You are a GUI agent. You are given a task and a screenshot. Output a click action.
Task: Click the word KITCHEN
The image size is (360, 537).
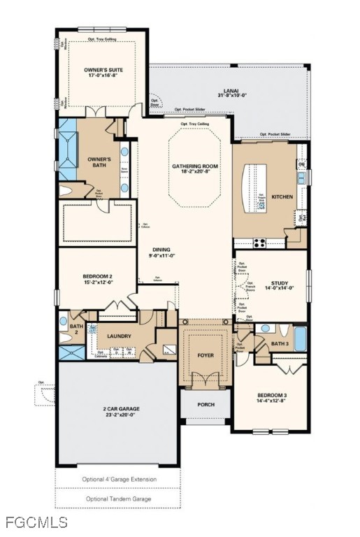(282, 197)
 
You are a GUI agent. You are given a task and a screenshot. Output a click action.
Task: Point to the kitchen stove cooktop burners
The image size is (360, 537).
(259, 243)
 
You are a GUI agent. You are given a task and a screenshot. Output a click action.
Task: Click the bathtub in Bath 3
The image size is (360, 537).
(300, 338)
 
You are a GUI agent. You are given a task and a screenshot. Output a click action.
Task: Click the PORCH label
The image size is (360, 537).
(206, 404)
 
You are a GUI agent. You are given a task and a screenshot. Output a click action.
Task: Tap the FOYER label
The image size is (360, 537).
(206, 355)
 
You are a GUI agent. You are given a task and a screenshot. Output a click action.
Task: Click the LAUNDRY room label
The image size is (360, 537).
(119, 336)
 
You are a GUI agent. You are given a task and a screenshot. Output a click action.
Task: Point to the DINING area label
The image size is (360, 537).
(161, 253)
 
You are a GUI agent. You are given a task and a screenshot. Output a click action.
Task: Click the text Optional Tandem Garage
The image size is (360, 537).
(118, 499)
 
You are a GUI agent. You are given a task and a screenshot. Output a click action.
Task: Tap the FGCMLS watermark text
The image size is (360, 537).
(36, 522)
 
